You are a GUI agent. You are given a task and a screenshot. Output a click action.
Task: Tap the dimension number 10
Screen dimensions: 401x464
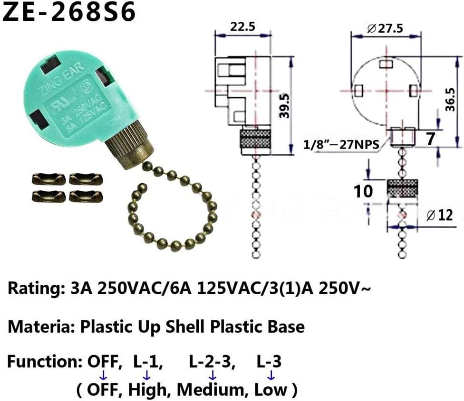click(x=363, y=191)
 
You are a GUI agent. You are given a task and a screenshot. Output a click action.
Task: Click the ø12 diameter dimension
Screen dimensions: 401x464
click(x=439, y=215)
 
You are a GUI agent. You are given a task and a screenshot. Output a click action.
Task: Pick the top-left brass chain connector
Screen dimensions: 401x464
click(x=48, y=179)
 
